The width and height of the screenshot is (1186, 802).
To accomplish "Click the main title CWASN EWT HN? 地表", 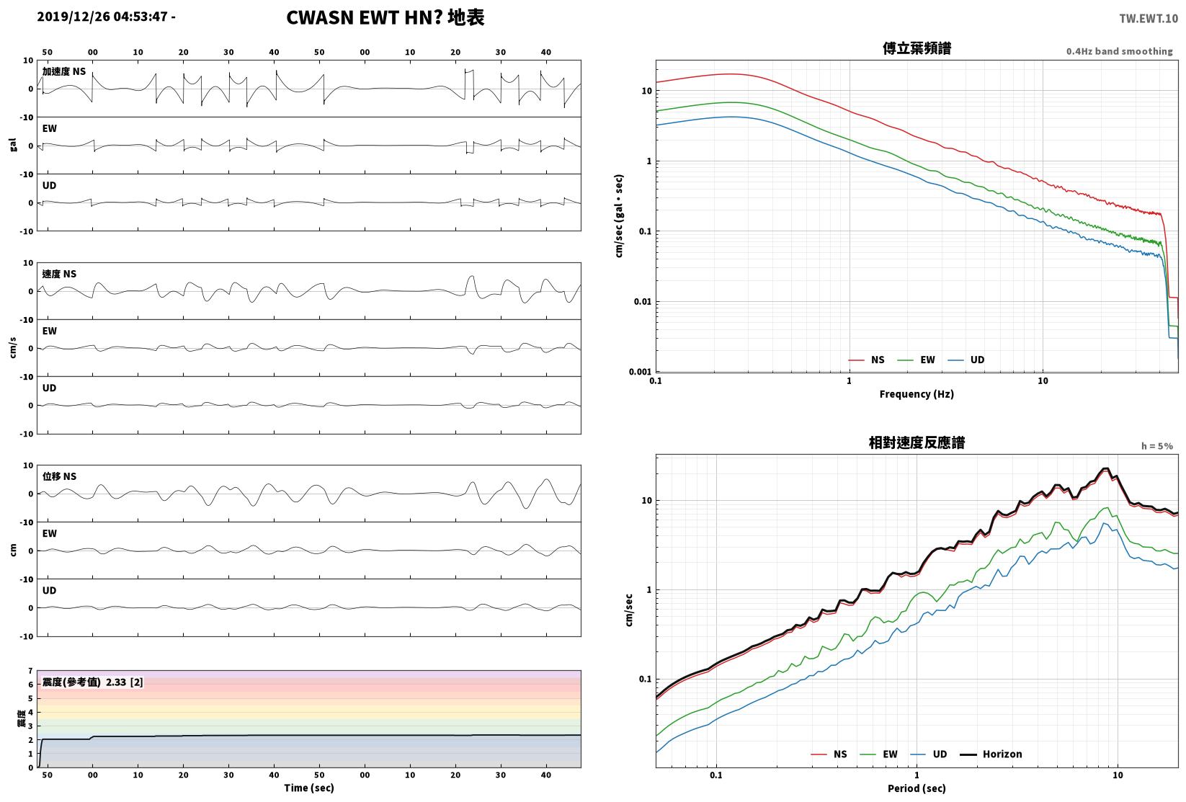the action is click(x=385, y=17).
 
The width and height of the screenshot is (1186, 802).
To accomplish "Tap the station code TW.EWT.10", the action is click(x=1149, y=19).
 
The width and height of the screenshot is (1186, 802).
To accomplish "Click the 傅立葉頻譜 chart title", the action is click(x=917, y=48).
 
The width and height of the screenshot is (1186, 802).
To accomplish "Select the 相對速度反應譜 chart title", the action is click(x=917, y=442).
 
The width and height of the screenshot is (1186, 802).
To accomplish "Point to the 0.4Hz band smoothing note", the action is click(x=1119, y=51).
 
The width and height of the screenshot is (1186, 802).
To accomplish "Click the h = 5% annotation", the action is click(x=1157, y=446).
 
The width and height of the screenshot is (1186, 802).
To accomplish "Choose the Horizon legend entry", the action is click(x=991, y=754).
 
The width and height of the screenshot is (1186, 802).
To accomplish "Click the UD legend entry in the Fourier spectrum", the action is click(x=966, y=360).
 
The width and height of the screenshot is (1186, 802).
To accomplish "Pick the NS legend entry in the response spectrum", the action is click(x=829, y=754).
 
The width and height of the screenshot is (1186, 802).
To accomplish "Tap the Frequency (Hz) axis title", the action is click(x=917, y=394).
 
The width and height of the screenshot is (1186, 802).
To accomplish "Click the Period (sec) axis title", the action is click(x=917, y=788).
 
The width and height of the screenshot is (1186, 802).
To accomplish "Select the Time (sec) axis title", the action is click(x=309, y=788).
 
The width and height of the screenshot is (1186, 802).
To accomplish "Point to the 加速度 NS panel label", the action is click(x=64, y=71).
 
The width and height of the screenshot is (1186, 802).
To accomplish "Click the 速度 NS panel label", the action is click(x=59, y=274).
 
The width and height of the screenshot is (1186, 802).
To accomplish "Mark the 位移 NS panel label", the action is click(x=59, y=476).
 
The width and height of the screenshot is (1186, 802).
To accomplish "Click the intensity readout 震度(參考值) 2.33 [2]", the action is click(x=93, y=682).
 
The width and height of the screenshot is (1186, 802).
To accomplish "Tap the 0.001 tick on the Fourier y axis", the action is click(x=640, y=372).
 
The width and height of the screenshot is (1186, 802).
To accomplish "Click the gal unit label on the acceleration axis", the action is click(x=13, y=145).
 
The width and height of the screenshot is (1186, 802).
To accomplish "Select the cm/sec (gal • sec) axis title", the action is click(x=618, y=216).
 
